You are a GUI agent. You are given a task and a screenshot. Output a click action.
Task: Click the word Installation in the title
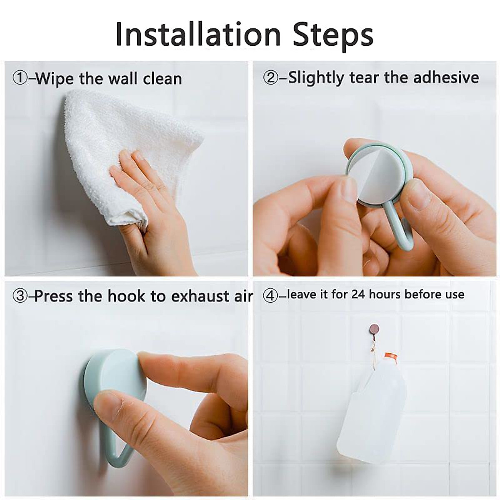(198, 34)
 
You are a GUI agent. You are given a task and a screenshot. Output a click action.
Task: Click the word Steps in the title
(332, 34)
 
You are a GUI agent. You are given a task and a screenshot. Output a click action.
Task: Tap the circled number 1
(20, 79)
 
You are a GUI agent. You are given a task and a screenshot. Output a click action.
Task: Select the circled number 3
(20, 296)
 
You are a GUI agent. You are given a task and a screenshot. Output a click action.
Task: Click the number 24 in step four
(359, 295)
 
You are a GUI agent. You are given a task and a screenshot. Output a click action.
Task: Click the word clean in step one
(162, 79)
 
